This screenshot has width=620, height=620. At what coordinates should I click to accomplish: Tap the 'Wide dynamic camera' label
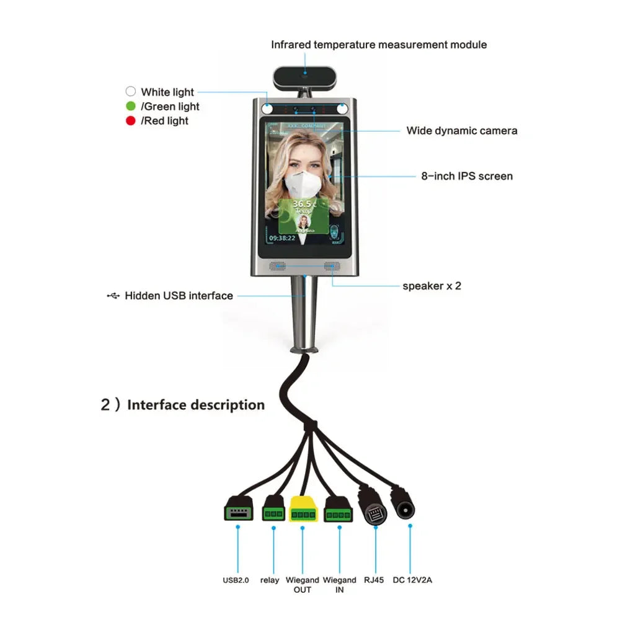click(462, 130)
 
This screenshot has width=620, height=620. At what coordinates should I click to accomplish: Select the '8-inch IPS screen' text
click(467, 176)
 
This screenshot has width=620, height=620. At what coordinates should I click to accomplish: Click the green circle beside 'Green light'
click(131, 107)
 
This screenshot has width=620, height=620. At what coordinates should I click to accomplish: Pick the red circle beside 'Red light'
click(131, 121)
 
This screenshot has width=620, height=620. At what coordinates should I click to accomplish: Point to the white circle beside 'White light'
click(131, 92)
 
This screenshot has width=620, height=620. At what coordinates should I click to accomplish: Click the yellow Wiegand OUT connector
click(303, 509)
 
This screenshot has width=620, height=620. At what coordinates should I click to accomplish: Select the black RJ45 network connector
click(374, 510)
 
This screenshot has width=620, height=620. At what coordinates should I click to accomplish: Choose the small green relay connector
click(273, 510)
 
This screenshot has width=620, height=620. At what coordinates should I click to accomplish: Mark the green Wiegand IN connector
click(339, 509)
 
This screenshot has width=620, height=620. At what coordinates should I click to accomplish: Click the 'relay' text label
click(270, 580)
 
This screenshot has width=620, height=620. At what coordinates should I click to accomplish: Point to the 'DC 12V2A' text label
click(414, 580)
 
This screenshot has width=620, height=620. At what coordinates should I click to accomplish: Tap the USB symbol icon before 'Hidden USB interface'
click(113, 296)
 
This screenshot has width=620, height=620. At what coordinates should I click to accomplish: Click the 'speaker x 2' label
click(432, 286)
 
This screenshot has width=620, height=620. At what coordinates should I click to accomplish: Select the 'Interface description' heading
click(196, 405)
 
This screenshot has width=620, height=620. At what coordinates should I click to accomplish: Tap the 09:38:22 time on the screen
click(282, 237)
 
